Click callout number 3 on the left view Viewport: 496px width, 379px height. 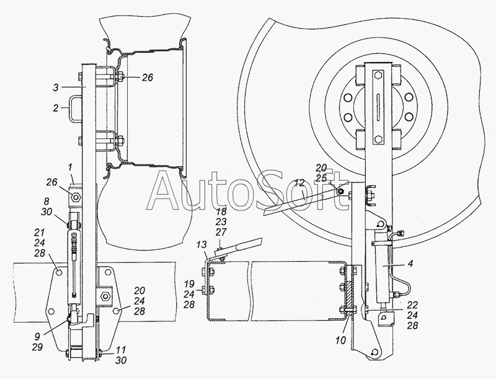(x=56, y=87)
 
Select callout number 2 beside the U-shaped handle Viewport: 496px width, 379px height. (x=56, y=108)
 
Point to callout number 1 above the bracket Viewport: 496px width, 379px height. (x=71, y=166)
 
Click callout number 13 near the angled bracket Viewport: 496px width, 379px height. (x=201, y=244)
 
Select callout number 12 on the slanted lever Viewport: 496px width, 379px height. (x=300, y=183)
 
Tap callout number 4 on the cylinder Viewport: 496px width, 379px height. (x=410, y=264)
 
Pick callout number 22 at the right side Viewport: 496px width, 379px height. (x=412, y=305)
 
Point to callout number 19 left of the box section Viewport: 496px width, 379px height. (x=189, y=284)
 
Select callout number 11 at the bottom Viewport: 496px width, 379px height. (x=121, y=350)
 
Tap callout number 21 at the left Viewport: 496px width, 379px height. (x=39, y=233)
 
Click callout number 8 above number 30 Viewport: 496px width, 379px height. (x=47, y=202)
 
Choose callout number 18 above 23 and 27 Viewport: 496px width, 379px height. (x=221, y=212)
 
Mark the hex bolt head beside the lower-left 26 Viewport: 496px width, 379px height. (x=76, y=197)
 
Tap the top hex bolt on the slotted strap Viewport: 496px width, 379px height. (x=379, y=76)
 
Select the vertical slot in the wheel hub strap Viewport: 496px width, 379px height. (x=379, y=107)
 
